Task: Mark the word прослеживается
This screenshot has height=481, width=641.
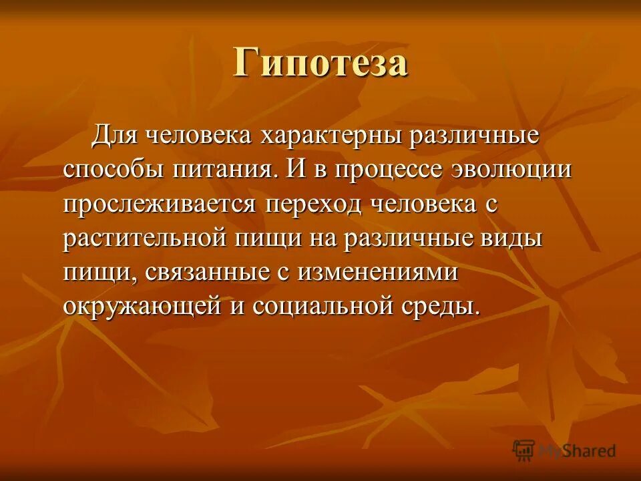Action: (159, 204)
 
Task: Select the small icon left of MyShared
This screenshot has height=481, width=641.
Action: (524, 450)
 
